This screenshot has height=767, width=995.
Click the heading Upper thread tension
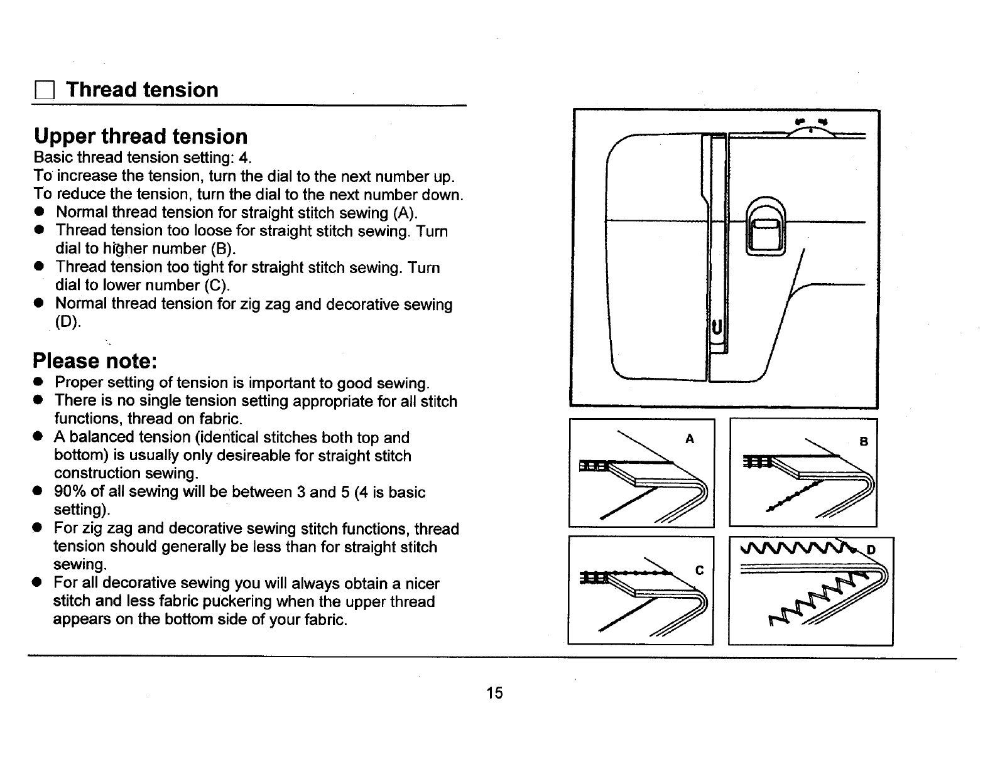click(141, 136)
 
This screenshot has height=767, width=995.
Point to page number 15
click(494, 693)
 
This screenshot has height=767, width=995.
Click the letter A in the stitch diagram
click(690, 439)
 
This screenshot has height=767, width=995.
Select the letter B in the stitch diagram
click(864, 441)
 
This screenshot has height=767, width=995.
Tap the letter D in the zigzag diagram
click(871, 550)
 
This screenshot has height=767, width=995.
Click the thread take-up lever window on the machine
click(765, 230)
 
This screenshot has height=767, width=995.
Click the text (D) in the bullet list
click(67, 322)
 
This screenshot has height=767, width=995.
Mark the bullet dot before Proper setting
click(39, 382)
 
